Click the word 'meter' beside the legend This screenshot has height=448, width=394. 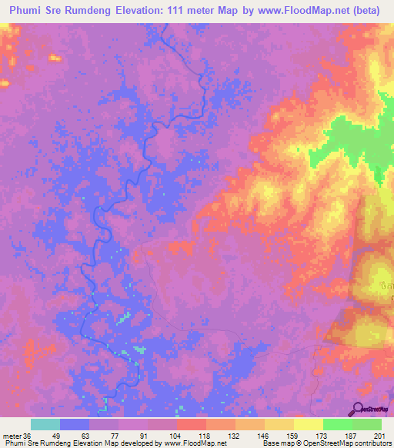pyautogui.click(x=11, y=435)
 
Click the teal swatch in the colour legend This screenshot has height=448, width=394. pyautogui.click(x=45, y=424)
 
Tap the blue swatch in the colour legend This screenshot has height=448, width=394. pyautogui.click(x=75, y=424)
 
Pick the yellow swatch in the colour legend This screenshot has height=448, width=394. pyautogui.click(x=309, y=424)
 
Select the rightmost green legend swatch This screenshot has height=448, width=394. pyautogui.click(x=367, y=424)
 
